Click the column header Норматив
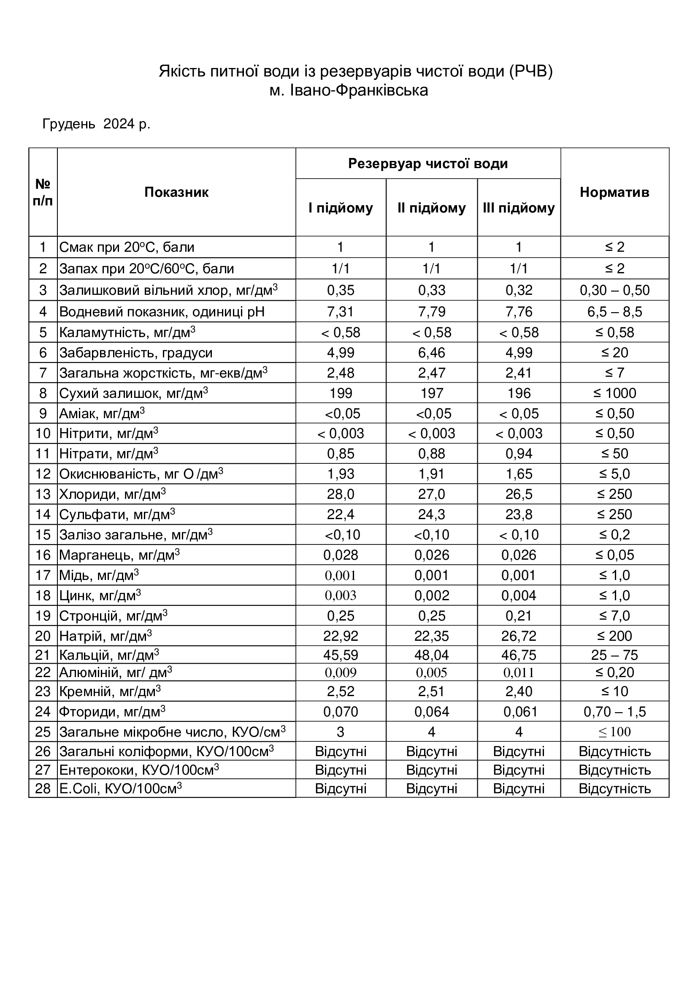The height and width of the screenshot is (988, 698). [614, 192]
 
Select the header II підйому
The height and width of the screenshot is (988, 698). [432, 208]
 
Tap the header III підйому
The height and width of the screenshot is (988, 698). [519, 208]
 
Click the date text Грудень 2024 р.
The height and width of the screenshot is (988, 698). [96, 124]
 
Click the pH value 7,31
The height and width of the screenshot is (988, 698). [341, 312]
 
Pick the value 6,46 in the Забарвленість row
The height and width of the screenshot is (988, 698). [432, 353]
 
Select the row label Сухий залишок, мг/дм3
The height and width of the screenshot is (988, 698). [134, 393]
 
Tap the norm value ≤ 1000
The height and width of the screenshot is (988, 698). [614, 393]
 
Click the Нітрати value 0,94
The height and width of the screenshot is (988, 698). [519, 454]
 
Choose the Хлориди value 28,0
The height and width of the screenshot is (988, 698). [341, 495]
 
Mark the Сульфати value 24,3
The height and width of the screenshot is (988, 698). [432, 514]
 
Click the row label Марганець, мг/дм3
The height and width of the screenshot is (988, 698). [119, 555]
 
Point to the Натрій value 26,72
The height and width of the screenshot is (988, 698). [519, 636]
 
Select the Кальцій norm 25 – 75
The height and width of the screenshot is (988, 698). [614, 656]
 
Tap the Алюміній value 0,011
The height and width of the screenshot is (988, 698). [519, 672]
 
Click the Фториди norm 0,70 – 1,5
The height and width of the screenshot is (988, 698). [614, 712]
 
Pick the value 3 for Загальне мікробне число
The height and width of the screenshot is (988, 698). [341, 732]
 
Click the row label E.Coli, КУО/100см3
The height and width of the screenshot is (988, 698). [120, 789]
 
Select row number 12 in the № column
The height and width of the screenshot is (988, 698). [43, 474]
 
